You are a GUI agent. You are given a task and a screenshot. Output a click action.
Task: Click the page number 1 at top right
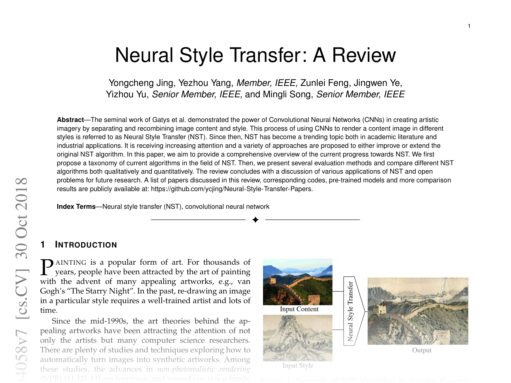point(469,26)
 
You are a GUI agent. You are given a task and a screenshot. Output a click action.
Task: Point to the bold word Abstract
point(70,120)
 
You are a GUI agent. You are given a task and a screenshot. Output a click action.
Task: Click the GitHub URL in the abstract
point(231,189)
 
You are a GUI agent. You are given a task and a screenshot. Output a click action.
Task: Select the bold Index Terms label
point(76,207)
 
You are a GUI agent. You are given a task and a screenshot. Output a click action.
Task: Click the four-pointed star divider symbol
point(255,220)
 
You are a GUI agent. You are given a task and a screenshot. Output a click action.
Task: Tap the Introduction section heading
point(86,245)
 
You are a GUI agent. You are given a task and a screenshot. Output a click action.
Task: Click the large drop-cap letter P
point(47,267)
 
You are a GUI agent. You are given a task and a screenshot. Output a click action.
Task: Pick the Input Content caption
point(299,309)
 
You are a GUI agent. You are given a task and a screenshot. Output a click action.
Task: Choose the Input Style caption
point(298,366)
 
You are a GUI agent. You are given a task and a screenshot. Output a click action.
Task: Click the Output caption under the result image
point(422,350)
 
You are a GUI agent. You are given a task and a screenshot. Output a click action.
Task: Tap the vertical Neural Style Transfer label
point(350,311)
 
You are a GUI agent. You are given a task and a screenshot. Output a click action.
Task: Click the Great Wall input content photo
point(298,282)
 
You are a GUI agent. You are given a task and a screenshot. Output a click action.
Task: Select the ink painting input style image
point(298,338)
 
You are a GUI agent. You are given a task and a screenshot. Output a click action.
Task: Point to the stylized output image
point(418,311)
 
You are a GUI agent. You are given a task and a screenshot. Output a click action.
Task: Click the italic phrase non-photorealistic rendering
point(204,369)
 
